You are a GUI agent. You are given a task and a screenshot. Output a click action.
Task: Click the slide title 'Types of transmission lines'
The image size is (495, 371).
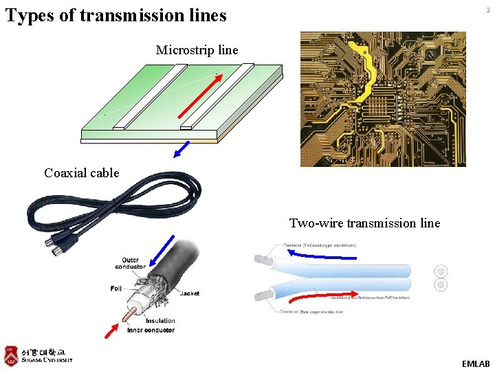[x=115, y=15]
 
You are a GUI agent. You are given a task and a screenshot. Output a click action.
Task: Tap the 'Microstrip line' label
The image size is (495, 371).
[x=197, y=50]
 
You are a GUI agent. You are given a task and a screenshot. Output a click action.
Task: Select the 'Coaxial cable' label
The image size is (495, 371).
[x=81, y=173]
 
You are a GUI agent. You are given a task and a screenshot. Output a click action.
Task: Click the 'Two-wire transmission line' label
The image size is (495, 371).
[x=364, y=223]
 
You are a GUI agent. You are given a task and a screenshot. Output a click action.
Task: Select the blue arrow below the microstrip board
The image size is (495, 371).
[x=181, y=149]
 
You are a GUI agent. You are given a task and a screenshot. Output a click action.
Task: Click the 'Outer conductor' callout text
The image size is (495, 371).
[x=130, y=264]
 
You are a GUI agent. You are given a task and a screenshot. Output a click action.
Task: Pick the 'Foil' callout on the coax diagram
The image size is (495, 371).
[x=116, y=289]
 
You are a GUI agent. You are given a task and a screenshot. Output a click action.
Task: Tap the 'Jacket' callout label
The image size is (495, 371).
[x=190, y=293]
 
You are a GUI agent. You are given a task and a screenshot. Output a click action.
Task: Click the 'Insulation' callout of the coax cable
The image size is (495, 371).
[x=160, y=321]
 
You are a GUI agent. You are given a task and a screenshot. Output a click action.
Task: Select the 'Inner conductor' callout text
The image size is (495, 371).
[x=151, y=330]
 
